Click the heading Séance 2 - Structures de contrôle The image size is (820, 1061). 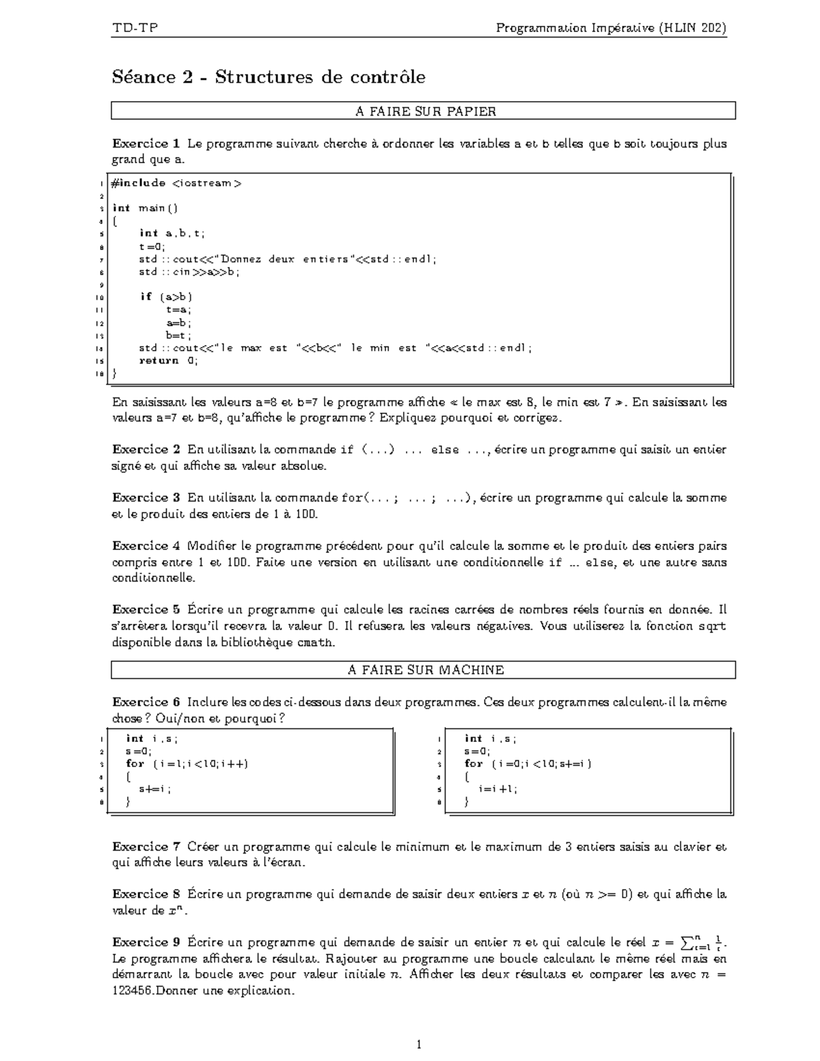coord(269,77)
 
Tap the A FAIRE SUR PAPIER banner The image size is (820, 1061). coord(424,111)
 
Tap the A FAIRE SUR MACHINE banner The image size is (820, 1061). coord(424,670)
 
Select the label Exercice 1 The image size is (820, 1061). coord(146,143)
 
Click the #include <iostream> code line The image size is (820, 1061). coord(176,183)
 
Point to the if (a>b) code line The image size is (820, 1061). coord(166,297)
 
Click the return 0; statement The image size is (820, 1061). coord(169,361)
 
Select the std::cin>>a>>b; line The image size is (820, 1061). coord(189,272)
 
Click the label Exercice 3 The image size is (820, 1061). coord(146,498)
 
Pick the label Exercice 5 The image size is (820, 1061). coord(146,609)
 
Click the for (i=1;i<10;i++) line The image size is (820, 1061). coord(187,764)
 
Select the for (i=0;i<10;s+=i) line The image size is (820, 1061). coord(528,764)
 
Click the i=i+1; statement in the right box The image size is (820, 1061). coord(498,788)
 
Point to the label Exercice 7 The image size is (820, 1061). coord(146,846)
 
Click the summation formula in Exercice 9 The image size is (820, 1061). coord(689,943)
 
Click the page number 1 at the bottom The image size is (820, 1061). coord(420,1044)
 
